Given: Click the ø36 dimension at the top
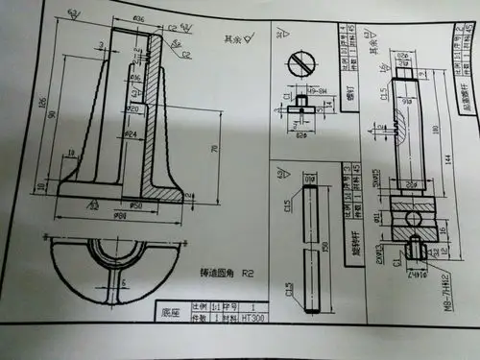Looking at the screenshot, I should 138,18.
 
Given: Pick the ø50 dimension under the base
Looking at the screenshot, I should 136,205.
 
